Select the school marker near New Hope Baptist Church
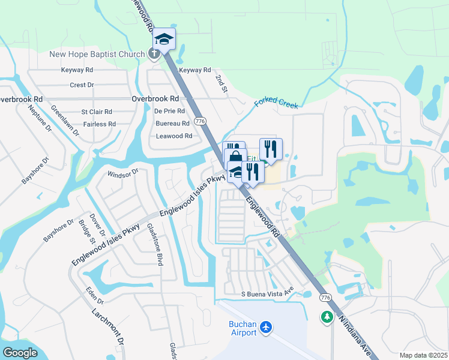click(x=164, y=39)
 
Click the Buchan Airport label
click(x=243, y=328)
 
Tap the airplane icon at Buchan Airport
click(x=267, y=328)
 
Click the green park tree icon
click(x=327, y=316)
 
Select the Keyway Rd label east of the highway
click(x=196, y=70)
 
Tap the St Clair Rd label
click(x=97, y=112)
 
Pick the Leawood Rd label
click(x=174, y=136)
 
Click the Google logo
click(x=20, y=353)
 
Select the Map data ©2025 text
click(x=423, y=355)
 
